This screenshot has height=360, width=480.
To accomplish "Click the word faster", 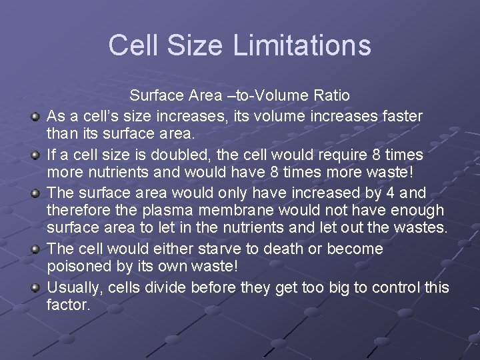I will point(397,116).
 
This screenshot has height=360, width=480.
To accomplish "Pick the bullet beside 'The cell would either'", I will point(35,250).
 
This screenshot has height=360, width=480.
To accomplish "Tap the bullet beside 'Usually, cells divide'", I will point(35,289).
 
